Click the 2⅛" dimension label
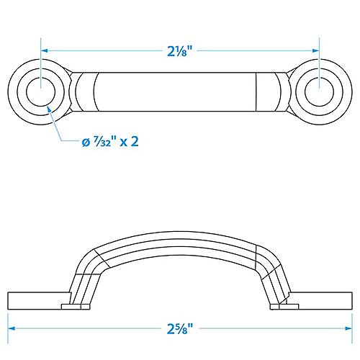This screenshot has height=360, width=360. point(180,51)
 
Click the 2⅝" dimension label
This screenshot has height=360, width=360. point(180,330)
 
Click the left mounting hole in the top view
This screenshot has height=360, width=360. point(41,92)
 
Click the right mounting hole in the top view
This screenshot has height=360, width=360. point(318,92)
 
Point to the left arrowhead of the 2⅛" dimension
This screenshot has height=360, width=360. point(45,51)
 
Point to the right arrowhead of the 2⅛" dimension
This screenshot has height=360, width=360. point(315,51)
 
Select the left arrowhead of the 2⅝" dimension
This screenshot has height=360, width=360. point(12,330)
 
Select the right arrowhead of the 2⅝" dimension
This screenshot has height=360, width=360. point(348,330)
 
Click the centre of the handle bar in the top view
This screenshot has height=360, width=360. point(180,92)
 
